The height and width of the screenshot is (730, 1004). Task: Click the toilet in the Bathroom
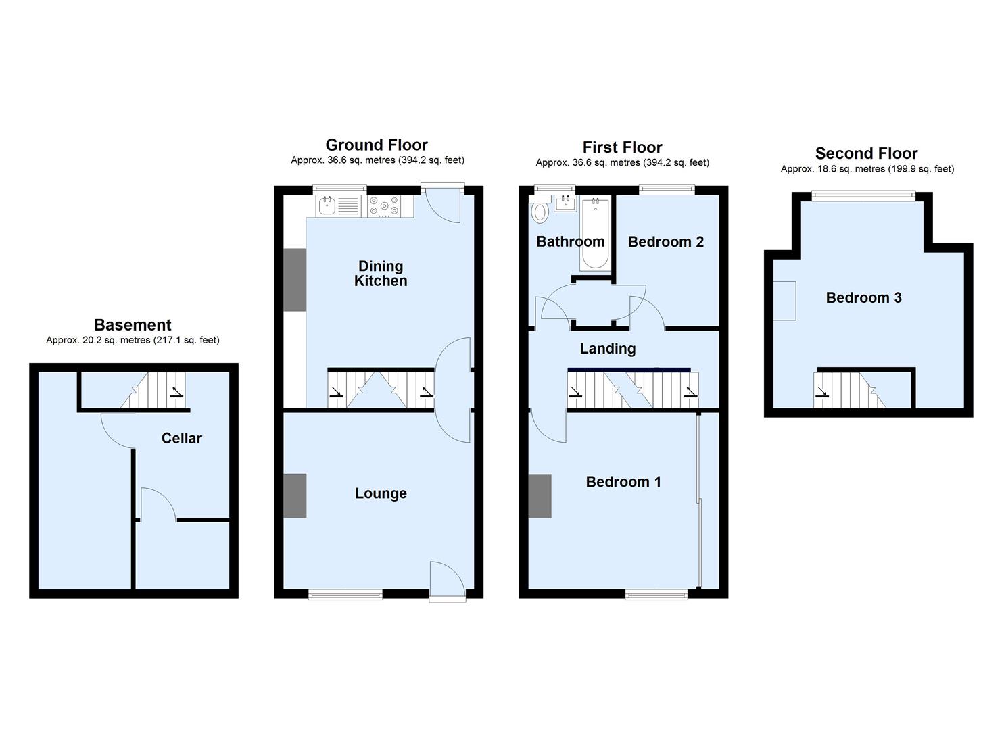click(540, 212)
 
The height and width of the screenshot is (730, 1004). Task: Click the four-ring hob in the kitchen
click(383, 205)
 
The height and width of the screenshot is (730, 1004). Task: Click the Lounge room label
click(381, 493)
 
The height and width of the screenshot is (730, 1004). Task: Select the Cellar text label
click(181, 438)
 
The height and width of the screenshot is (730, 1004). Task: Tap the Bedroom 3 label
click(863, 297)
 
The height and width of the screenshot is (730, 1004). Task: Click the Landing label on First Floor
click(607, 349)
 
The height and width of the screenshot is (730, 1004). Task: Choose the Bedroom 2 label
click(665, 241)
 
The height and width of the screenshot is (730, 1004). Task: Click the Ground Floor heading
click(377, 145)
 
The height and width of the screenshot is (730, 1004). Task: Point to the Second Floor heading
click(866, 153)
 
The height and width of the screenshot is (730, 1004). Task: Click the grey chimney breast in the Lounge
click(295, 496)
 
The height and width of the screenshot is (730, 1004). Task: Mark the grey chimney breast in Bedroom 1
click(540, 496)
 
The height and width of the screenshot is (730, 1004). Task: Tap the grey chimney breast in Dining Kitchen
click(295, 280)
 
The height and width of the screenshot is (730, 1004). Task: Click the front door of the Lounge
click(447, 580)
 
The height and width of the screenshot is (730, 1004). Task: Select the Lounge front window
click(345, 594)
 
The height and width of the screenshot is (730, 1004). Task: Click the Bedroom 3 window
click(863, 196)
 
